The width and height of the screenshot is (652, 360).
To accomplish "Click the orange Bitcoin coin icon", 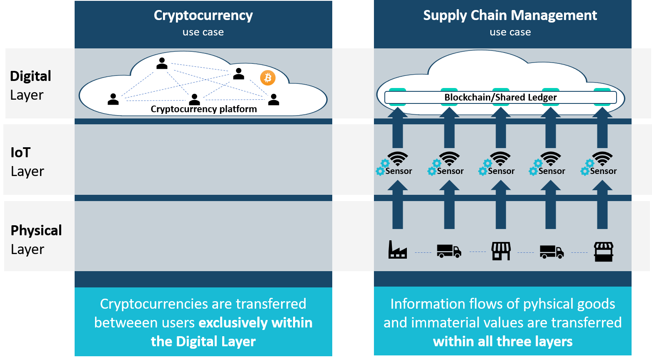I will coord(268,78).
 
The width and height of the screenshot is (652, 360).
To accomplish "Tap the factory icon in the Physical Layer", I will coord(397,250).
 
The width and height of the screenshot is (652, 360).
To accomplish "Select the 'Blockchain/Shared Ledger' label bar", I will coord(500,98).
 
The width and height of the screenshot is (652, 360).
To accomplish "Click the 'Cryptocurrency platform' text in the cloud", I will coord(203,109).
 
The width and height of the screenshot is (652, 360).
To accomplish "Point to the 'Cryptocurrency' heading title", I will coord(203,15).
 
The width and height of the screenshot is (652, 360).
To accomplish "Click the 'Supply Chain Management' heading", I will coord(510,15).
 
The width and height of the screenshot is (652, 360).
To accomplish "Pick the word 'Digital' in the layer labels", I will coord(30,76).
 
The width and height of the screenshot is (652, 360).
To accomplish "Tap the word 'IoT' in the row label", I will coord(20,153).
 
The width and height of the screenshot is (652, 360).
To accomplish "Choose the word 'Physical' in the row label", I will coord(36,230).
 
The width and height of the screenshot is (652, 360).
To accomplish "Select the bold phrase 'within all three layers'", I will coord(502,342).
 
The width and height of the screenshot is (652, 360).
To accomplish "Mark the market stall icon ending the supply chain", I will coord(603,252).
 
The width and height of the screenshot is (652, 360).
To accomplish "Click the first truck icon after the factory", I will coord(449,251).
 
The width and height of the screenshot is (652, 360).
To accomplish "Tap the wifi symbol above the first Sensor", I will coord(398,159).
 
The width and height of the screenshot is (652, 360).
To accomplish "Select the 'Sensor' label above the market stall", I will coord(603,171).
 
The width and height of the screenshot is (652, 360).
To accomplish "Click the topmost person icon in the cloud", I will coord(162,63).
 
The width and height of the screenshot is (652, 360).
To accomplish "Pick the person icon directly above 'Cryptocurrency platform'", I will coord(195,99).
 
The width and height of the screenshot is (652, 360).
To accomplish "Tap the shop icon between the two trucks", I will coord(501,251).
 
